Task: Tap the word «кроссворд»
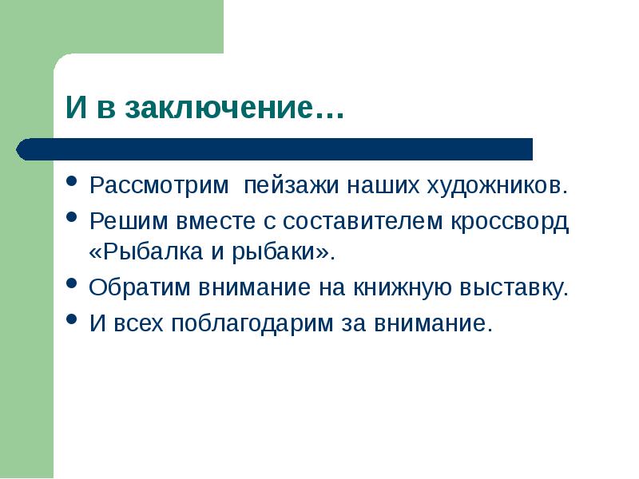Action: [x=513, y=221]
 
